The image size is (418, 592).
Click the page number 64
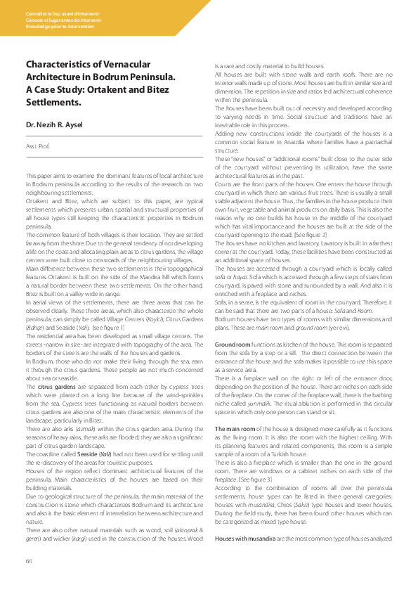click(29, 560)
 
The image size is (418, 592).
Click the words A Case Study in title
click(55, 89)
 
